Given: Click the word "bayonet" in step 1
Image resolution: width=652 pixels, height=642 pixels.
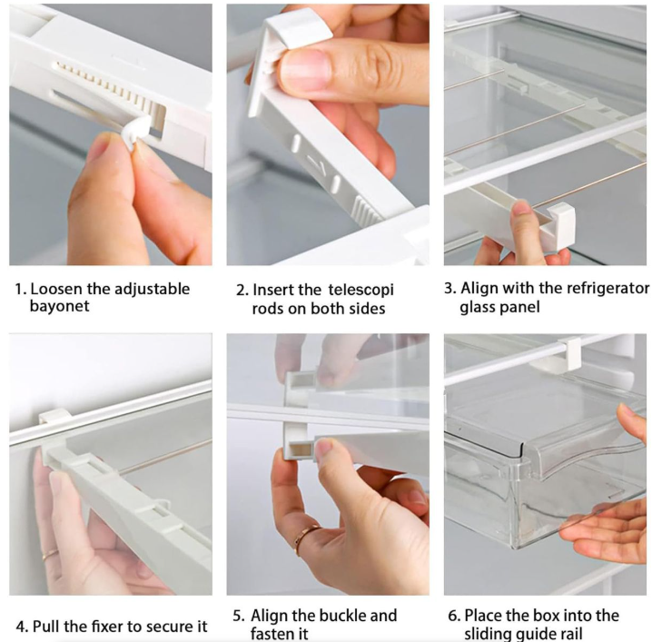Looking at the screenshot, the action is click(59, 306).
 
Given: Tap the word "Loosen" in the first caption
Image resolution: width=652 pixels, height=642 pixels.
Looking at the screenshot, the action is click(56, 289).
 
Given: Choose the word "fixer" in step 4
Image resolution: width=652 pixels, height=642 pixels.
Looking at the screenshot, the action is click(104, 626).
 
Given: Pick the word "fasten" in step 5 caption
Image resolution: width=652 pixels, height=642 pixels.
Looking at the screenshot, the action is click(271, 633).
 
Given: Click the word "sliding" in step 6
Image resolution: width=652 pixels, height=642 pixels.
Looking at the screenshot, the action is click(487, 634).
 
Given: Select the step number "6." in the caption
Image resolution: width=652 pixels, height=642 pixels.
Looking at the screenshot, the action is click(454, 616).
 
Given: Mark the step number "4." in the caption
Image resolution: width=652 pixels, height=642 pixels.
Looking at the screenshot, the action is click(23, 627).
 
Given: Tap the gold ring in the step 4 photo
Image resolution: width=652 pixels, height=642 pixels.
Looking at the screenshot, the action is click(49, 554).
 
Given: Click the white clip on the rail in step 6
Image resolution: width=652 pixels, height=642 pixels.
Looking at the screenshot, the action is click(569, 353).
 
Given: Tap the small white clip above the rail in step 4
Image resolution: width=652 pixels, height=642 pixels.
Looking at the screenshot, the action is click(54, 415).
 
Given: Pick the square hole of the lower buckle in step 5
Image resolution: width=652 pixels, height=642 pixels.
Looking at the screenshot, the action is click(301, 450).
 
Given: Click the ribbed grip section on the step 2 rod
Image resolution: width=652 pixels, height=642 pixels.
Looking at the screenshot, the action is click(366, 212).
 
